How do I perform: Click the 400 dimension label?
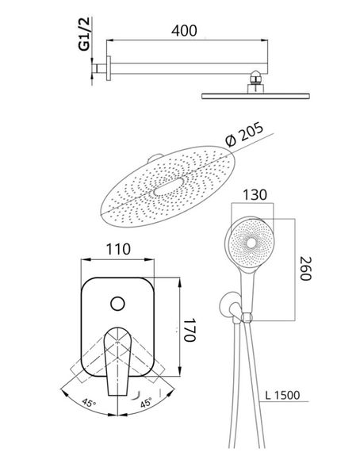184,31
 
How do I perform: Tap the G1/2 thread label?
86,34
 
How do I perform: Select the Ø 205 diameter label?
244,134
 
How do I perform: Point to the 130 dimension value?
255,195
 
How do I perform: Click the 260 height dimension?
306,268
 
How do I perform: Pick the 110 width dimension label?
118,249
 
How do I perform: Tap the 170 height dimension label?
190,330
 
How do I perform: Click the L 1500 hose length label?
282,395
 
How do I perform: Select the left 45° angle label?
89,402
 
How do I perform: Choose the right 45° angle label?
146,402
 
